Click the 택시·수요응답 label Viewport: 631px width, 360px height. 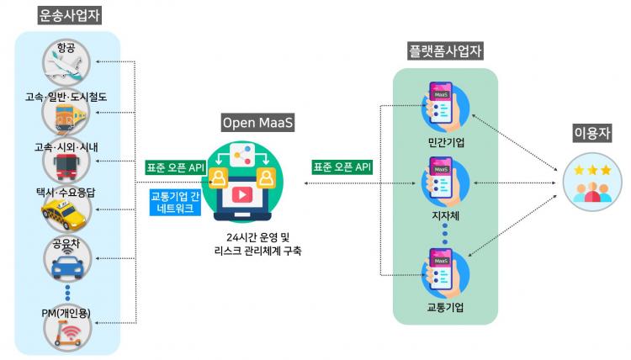pos(65,192)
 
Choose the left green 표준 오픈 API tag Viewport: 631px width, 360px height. pos(175,167)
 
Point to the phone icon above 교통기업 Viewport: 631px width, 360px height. pos(443,272)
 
